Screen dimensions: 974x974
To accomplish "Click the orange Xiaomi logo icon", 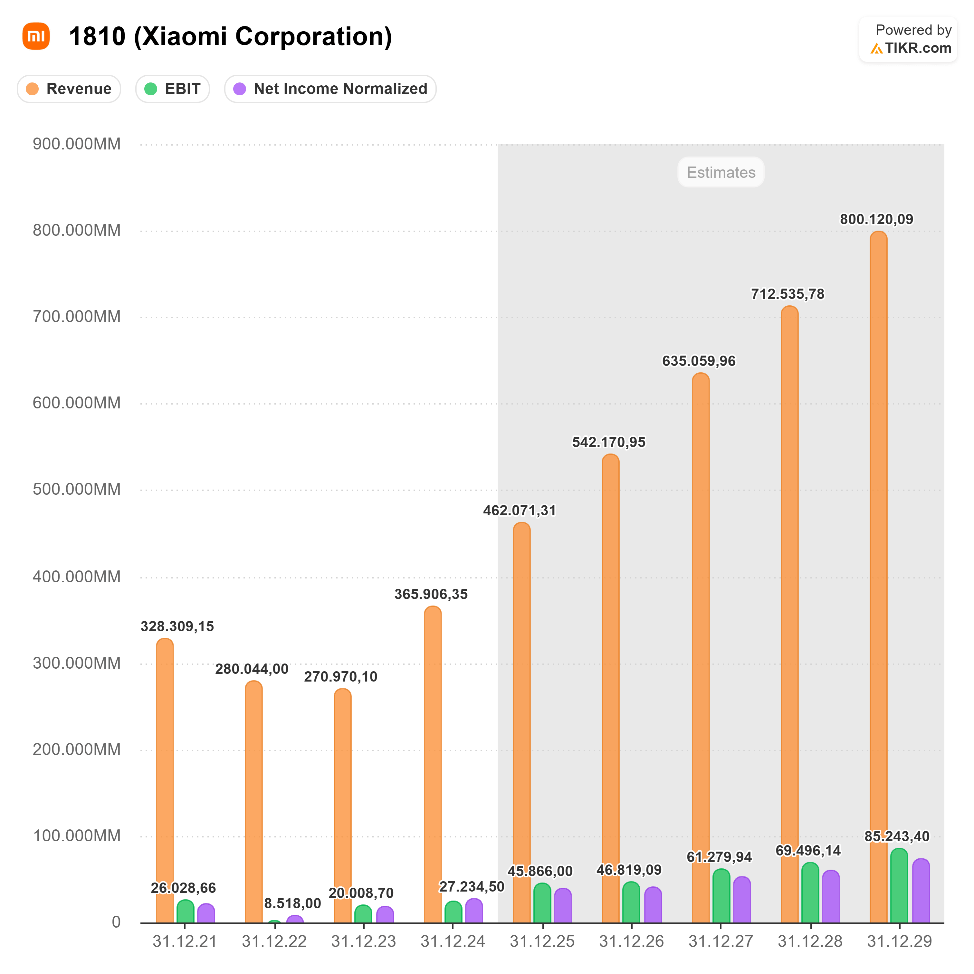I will click(36, 36).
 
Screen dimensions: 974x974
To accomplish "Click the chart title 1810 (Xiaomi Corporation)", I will click(230, 37).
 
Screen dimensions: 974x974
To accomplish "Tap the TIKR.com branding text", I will click(918, 48).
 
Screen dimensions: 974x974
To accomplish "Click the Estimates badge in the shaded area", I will click(721, 172).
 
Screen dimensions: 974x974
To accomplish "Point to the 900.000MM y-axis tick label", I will click(77, 144).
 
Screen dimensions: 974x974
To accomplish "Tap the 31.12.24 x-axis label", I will click(453, 941).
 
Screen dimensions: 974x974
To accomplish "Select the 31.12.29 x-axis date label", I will click(899, 941).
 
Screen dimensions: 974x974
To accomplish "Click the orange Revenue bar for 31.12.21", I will click(165, 781).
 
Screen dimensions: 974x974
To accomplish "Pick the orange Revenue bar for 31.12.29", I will click(878, 580).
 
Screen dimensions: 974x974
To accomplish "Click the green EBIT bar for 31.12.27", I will click(721, 897).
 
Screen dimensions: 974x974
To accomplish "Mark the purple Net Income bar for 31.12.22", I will click(295, 919).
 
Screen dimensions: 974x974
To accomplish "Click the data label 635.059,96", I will click(699, 361).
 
